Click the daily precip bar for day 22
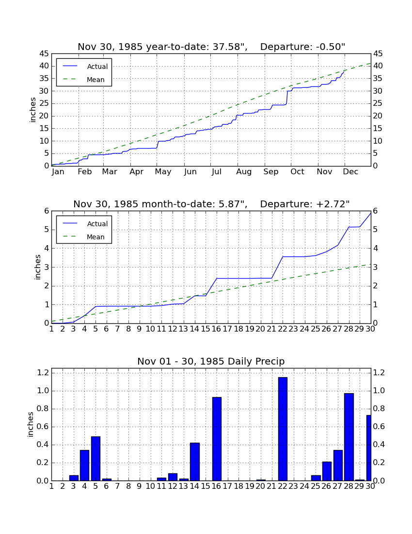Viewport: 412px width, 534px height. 283,429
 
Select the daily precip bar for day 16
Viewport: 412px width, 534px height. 217,439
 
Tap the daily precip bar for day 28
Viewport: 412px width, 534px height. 349,437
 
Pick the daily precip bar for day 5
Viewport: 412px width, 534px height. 95,459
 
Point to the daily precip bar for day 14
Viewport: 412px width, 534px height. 195,462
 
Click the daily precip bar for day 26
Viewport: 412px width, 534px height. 327,471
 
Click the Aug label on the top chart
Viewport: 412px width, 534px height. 244,172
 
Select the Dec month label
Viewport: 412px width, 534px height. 350,172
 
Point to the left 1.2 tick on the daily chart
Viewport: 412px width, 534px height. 43,372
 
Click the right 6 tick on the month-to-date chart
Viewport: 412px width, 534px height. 375,211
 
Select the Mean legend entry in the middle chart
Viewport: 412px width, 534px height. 84,237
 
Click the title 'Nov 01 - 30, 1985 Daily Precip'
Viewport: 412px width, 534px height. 211,361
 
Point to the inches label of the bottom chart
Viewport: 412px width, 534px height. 31,424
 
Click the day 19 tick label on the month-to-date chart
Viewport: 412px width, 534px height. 250,329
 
